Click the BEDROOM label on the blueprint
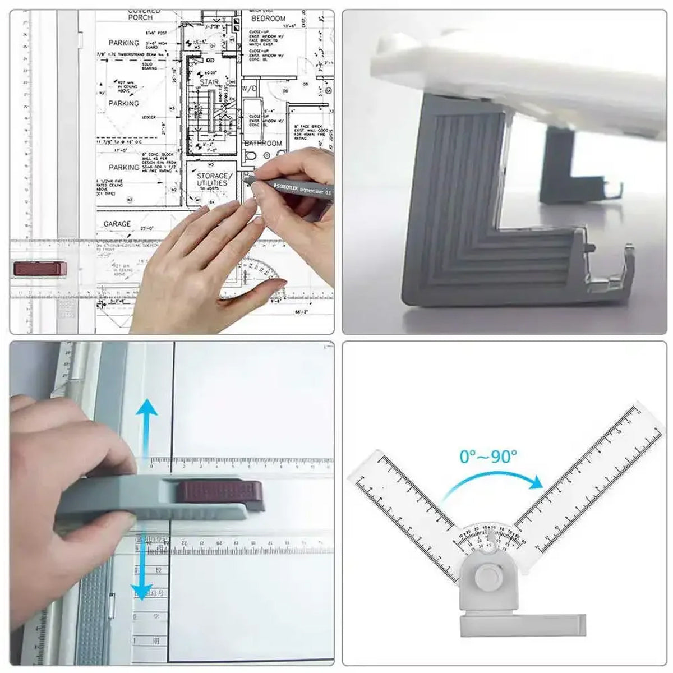coord(269,18)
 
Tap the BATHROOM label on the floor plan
coord(264,144)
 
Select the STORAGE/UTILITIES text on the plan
coord(212,179)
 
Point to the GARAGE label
coord(117,224)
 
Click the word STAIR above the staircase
coord(209,82)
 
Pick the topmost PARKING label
coord(123,43)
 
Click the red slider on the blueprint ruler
coord(40,268)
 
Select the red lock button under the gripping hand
coord(218,492)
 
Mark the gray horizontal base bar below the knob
coord(522,625)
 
